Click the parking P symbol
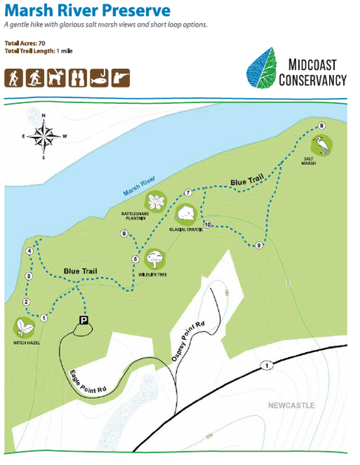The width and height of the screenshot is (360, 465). coord(84,321)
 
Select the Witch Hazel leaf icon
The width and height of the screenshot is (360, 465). coord(24,328)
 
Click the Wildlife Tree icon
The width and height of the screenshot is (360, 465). coord(154,258)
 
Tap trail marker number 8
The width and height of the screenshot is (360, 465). coord(321,126)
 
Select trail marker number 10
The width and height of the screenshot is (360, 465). coord(207,225)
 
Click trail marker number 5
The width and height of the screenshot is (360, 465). coord(135,259)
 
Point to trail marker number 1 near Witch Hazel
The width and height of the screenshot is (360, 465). coord(44,317)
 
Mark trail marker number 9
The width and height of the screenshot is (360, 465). coord(258,246)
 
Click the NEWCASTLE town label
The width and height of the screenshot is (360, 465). coord(292,406)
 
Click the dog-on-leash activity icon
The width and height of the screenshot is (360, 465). coord(56,78)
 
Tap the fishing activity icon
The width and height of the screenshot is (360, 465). coord(100,78)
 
